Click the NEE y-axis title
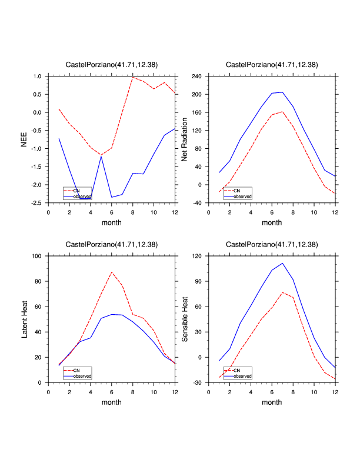click(24, 139)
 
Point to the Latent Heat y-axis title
click(24, 319)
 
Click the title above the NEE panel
click(111, 65)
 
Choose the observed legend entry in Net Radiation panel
click(241, 197)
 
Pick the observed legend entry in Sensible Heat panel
click(241, 376)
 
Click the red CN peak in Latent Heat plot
click(112, 272)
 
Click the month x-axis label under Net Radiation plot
click(272, 223)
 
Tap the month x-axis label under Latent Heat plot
click(111, 402)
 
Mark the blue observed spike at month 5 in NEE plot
click(101, 157)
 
